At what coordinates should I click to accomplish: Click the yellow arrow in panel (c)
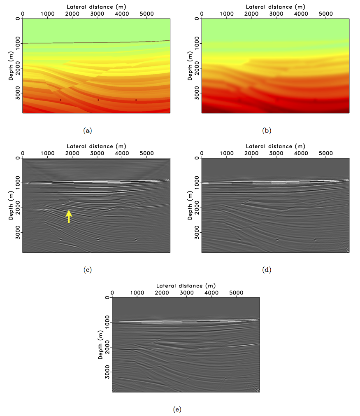(69, 216)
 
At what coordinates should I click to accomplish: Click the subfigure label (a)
(87, 131)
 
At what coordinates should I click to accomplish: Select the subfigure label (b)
(267, 131)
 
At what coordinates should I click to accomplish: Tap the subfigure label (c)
(87, 270)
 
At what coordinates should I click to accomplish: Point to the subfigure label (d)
(267, 270)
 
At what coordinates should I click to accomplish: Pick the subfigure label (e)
(177, 409)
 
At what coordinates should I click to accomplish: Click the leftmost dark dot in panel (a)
(60, 100)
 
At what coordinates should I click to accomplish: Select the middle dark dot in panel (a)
(98, 100)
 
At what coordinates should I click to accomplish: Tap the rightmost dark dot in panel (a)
(136, 100)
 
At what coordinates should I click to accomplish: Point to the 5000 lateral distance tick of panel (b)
(326, 14)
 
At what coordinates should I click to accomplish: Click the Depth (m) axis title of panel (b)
(190, 66)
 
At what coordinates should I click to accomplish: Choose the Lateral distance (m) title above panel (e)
(186, 285)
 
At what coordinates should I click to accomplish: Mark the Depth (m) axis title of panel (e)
(100, 344)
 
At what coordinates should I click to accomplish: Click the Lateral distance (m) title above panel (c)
(96, 146)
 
